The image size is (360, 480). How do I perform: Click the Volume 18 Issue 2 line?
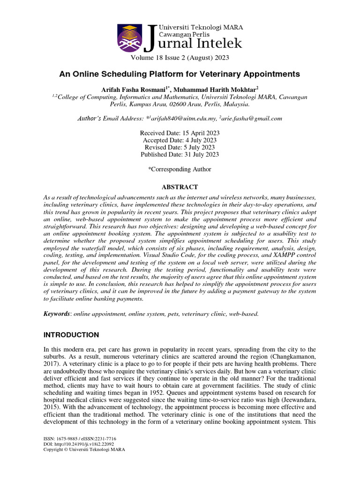pyautogui.click(x=180, y=58)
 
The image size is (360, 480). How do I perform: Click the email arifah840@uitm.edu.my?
pyautogui.click(x=180, y=119)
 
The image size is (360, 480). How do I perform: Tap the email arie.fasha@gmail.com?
pyautogui.click(x=252, y=119)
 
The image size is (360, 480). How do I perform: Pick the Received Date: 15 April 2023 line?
pyautogui.click(x=180, y=133)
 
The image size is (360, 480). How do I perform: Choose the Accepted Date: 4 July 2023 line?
pyautogui.click(x=180, y=140)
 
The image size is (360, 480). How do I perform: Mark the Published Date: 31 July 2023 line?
pyautogui.click(x=180, y=154)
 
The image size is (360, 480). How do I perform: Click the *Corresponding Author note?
pyautogui.click(x=180, y=169)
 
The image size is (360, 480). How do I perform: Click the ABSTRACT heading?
pyautogui.click(x=180, y=187)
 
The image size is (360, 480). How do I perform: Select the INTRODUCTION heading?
pyautogui.click(x=71, y=335)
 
